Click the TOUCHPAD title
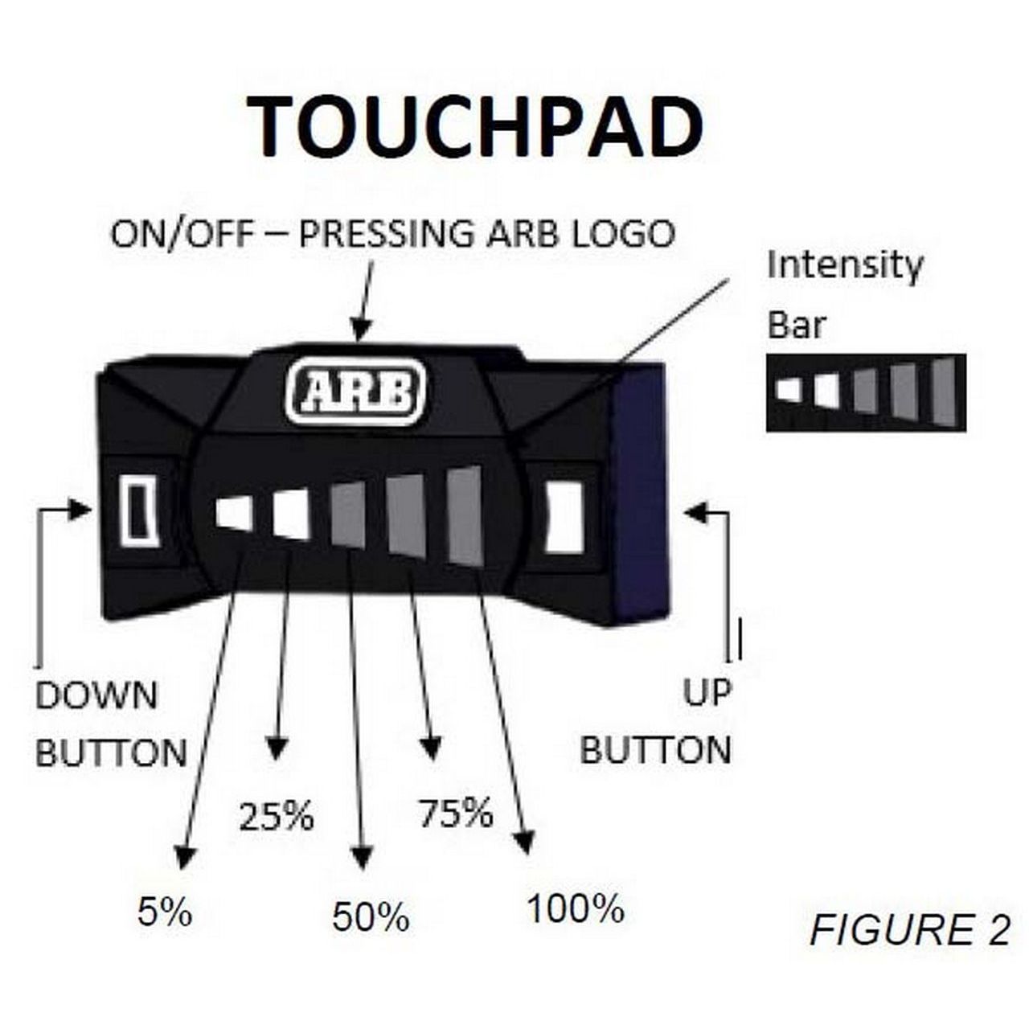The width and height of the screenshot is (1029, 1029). coord(474,128)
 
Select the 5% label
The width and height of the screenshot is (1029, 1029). coord(165,912)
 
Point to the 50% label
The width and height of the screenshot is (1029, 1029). coord(371,917)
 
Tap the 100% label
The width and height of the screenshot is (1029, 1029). coord(576,909)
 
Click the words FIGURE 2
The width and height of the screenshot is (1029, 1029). coord(909,929)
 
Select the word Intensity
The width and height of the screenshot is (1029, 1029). coord(845,266)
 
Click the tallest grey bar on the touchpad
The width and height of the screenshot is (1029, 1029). coord(464,514)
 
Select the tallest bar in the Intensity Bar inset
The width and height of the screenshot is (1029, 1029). coord(945,392)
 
